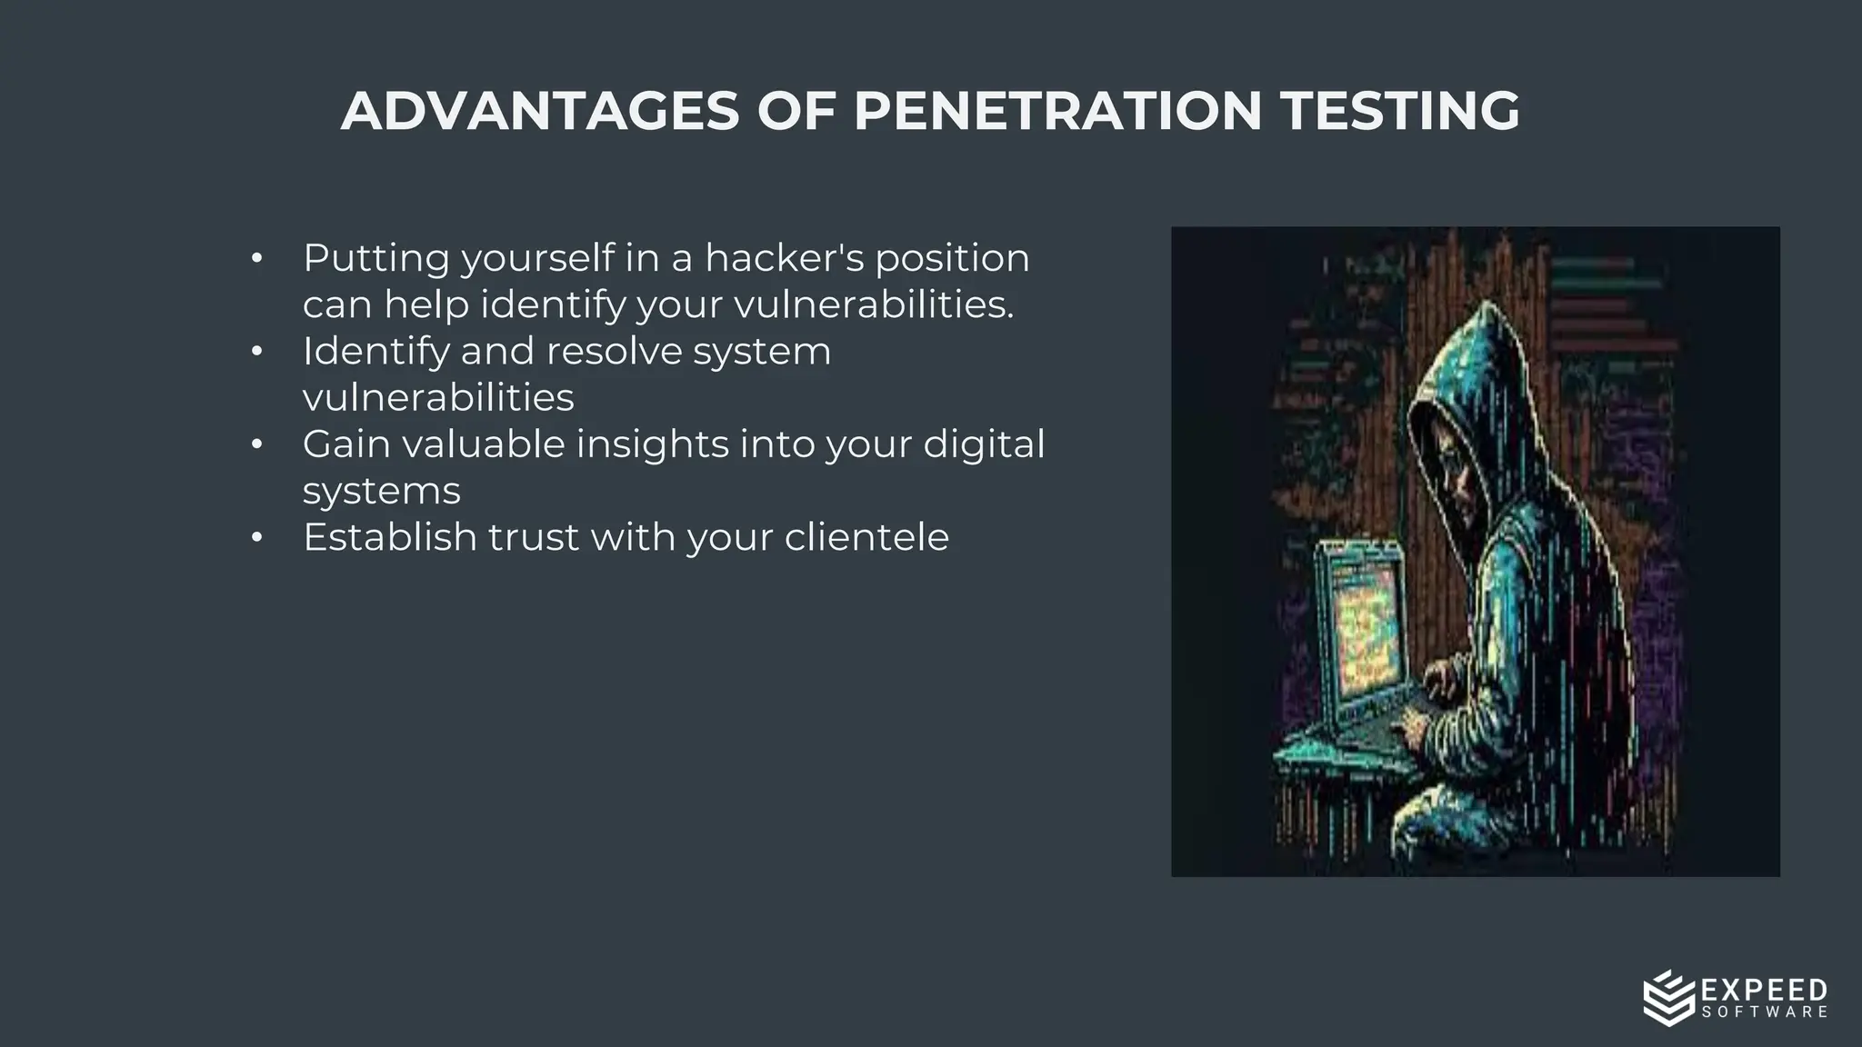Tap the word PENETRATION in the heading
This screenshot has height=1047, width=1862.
pos(1057,111)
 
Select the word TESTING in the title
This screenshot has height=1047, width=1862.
pos(1400,111)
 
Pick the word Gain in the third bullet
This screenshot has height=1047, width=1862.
pos(346,444)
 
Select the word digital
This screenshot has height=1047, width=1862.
pos(984,444)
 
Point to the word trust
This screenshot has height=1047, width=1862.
pos(533,537)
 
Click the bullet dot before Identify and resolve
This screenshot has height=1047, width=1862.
pos(257,352)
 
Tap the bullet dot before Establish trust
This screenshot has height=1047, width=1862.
pos(257,538)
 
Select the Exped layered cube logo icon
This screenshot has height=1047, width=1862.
pos(1669,998)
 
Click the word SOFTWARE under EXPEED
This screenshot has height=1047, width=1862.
pos(1764,1012)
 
